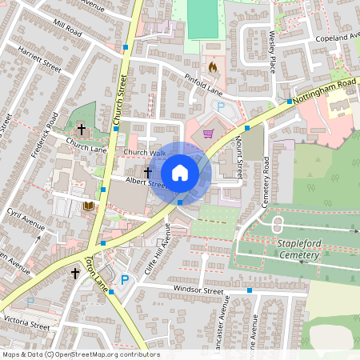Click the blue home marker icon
coord(180,172)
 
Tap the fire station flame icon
coord(212,68)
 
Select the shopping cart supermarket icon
coord(209,134)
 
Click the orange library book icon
coord(88,206)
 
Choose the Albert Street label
coord(122,183)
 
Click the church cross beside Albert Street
coord(147,171)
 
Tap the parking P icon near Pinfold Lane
coord(221,106)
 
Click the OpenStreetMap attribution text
coord(80,354)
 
